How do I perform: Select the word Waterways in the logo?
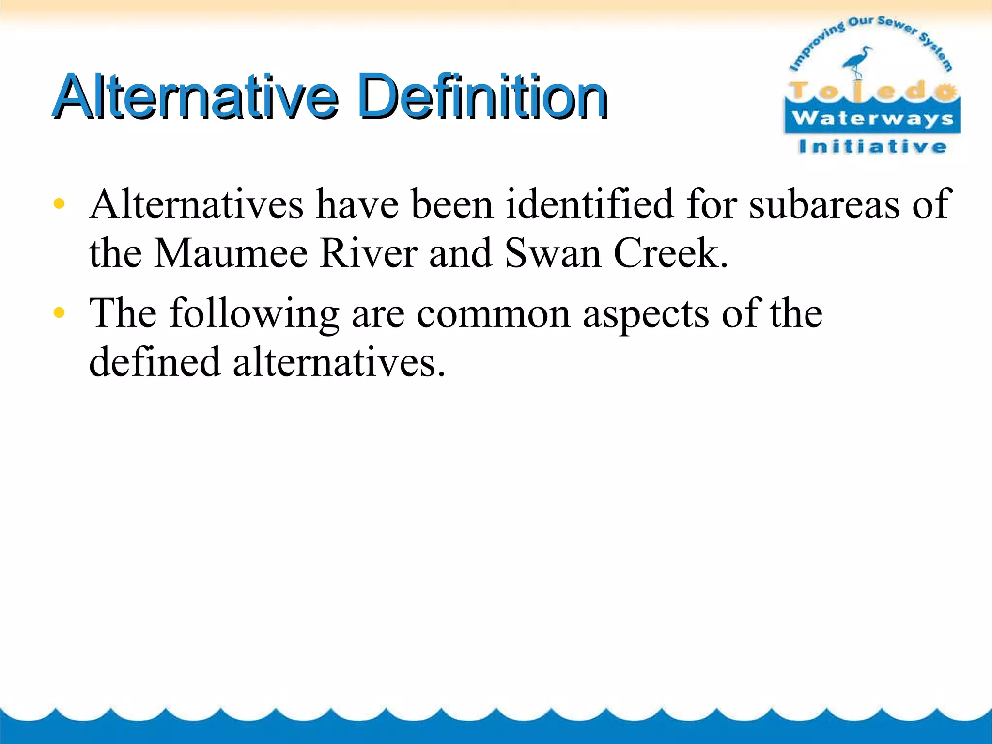pos(872,119)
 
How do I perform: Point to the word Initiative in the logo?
pos(872,146)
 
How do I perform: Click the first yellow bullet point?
pos(59,204)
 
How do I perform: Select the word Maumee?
pos(231,253)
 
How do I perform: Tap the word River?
pos(368,253)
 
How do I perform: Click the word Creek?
pos(670,253)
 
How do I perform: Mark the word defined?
pos(155,362)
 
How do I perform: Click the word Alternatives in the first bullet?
pos(197,204)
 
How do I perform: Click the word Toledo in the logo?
pos(872,91)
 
